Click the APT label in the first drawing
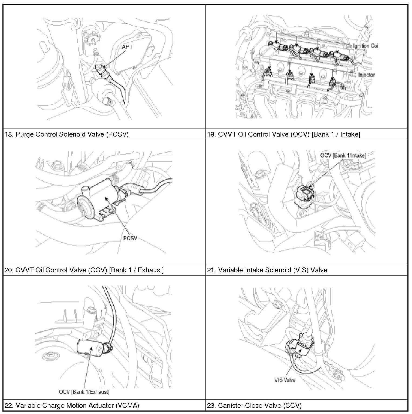(127, 47)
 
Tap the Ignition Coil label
(366, 46)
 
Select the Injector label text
(366, 75)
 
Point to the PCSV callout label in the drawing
(130, 238)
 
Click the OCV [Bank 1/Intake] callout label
(343, 155)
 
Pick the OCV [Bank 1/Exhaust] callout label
(84, 392)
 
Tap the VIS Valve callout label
(285, 380)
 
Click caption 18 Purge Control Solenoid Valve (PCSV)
(67, 134)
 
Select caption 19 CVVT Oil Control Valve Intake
(283, 134)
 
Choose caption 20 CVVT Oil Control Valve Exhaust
(84, 270)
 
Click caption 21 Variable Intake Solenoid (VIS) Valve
(267, 270)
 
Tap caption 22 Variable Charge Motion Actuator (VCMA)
(72, 405)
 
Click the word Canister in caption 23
(230, 405)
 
